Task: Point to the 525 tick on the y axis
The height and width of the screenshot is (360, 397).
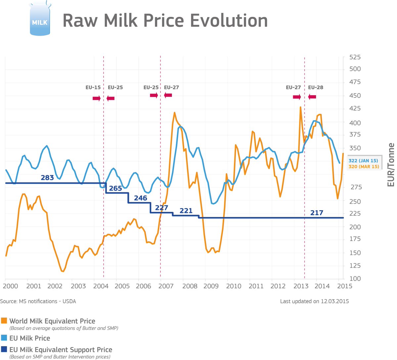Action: pyautogui.click(x=355, y=57)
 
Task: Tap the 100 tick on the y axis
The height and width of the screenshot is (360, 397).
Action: pyautogui.click(x=355, y=279)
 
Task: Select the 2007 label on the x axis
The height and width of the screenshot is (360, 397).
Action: pyautogui.click(x=166, y=286)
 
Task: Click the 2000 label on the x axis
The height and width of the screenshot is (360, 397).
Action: pyautogui.click(x=11, y=286)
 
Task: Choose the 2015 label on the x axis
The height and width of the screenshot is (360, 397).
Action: pyautogui.click(x=344, y=286)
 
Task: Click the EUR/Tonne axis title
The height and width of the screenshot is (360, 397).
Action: pyautogui.click(x=391, y=165)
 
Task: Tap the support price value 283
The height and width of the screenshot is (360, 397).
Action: pyautogui.click(x=47, y=178)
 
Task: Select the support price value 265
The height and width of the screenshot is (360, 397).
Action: pyautogui.click(x=115, y=188)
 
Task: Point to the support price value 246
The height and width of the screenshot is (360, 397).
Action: pyautogui.click(x=140, y=198)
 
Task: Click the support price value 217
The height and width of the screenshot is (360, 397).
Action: pyautogui.click(x=317, y=213)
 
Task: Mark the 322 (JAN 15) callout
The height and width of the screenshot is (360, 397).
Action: pyautogui.click(x=363, y=160)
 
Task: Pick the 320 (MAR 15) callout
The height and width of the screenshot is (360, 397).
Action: pyautogui.click(x=364, y=167)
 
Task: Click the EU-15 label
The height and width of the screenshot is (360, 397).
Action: pyautogui.click(x=93, y=88)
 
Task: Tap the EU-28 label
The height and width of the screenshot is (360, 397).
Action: pyautogui.click(x=316, y=88)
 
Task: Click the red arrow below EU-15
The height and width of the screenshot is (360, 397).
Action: pyautogui.click(x=96, y=98)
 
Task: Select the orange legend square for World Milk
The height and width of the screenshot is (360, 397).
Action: pyautogui.click(x=4, y=321)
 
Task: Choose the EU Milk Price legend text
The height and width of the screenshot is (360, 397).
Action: pyautogui.click(x=30, y=338)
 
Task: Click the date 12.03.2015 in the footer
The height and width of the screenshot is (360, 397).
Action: pyautogui.click(x=334, y=301)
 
